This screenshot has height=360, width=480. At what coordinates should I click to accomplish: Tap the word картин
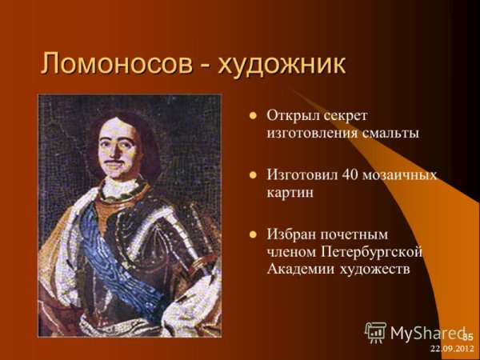[290, 193]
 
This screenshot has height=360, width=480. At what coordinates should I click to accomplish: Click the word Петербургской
[375, 252]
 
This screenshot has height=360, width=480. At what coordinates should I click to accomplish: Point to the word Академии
[300, 270]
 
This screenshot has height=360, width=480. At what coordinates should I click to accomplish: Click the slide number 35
[468, 336]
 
